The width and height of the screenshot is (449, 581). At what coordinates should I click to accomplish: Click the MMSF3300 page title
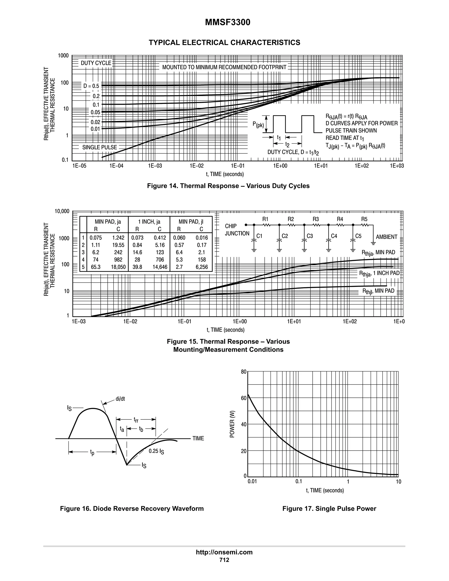(x=227, y=22)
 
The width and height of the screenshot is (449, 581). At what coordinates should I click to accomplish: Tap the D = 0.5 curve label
(x=91, y=86)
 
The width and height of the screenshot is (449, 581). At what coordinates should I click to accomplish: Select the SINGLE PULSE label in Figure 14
(x=100, y=147)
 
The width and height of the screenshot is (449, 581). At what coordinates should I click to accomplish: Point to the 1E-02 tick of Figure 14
(x=197, y=166)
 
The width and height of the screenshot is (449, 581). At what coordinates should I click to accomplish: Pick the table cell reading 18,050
(x=118, y=267)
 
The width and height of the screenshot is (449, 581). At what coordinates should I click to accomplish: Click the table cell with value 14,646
(x=160, y=267)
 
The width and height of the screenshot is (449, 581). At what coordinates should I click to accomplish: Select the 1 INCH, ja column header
(x=149, y=222)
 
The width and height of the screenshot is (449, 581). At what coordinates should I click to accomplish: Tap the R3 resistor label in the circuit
(x=315, y=219)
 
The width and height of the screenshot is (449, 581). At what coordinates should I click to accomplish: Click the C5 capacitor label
(x=358, y=236)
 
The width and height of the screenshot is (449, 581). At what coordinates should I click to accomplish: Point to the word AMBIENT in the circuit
(x=386, y=237)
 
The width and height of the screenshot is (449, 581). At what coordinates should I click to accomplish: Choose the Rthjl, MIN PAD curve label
(x=378, y=291)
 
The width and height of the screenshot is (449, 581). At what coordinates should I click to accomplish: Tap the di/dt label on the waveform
(x=120, y=399)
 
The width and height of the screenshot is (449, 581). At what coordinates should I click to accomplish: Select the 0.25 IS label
(x=156, y=451)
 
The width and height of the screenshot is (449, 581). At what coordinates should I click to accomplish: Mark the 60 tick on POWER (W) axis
(x=244, y=398)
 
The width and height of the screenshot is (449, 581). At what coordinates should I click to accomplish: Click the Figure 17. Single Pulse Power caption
(x=329, y=509)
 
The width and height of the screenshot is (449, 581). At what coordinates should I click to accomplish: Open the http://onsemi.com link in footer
(x=224, y=552)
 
